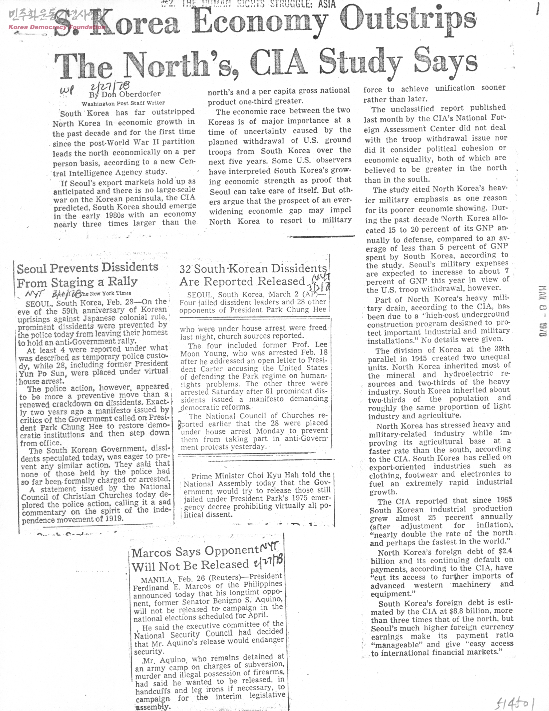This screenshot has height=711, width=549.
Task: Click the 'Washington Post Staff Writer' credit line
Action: tap(123, 103)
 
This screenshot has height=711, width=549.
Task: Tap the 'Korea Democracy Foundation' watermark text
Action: tap(56, 27)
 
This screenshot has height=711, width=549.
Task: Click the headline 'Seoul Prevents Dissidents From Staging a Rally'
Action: tap(87, 275)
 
